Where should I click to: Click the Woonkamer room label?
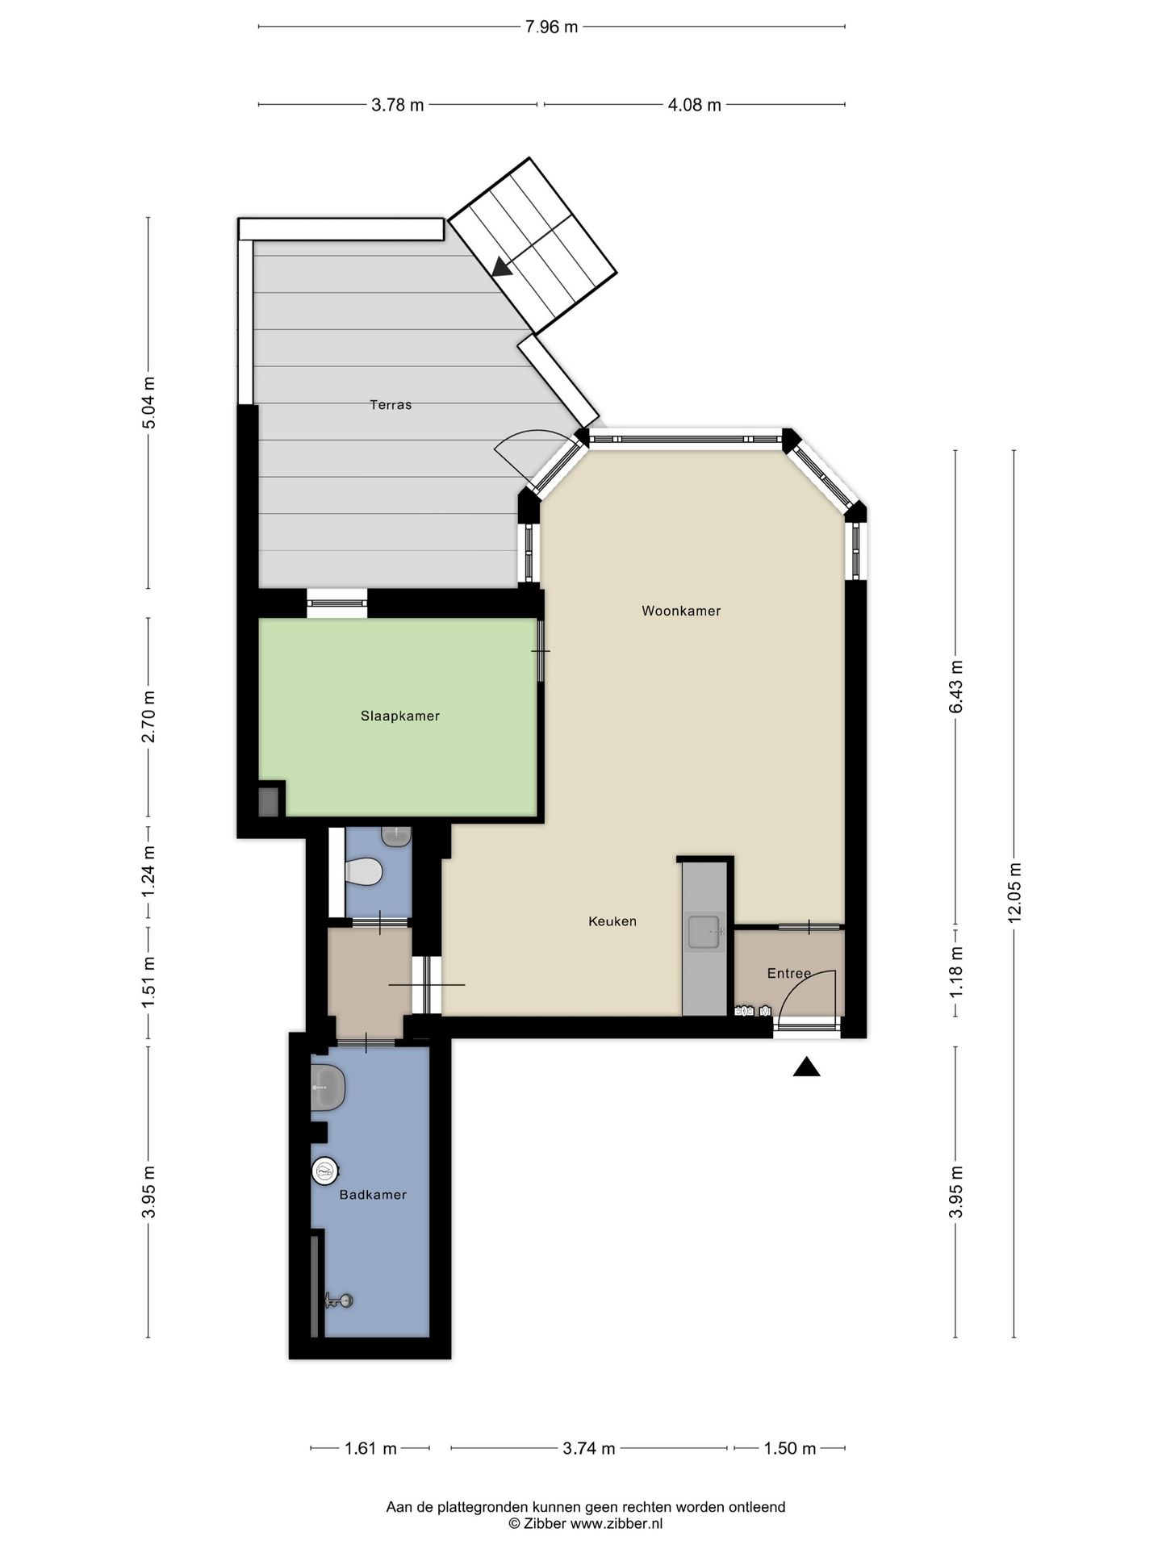(681, 611)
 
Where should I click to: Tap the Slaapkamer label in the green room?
(400, 716)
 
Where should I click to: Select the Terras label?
(391, 405)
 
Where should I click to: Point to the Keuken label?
(612, 921)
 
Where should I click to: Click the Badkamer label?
(373, 1195)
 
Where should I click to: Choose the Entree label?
(788, 974)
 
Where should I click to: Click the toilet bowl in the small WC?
(363, 872)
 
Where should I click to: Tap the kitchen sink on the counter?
(704, 932)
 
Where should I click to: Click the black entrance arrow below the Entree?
(806, 1067)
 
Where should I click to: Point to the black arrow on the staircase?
(503, 267)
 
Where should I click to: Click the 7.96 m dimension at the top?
(551, 27)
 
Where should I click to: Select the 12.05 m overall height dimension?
(1014, 892)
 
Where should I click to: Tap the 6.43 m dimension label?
(956, 687)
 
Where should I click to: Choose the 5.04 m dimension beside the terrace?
(148, 404)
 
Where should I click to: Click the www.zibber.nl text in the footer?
(617, 1524)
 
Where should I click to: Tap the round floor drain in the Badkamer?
(324, 1171)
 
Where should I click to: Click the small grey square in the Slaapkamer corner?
(268, 801)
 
